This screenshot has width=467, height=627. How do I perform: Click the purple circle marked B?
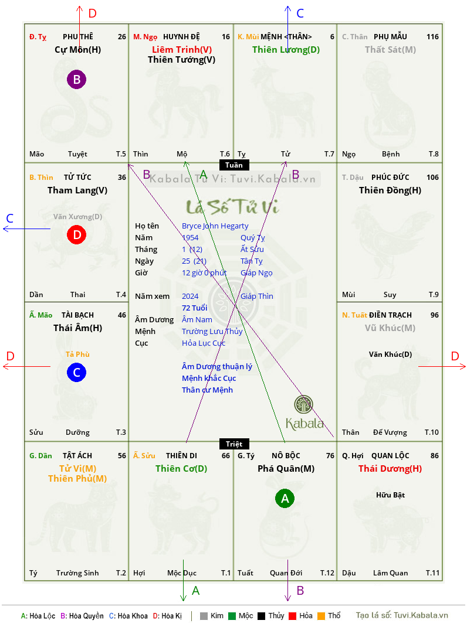pyautogui.click(x=76, y=79)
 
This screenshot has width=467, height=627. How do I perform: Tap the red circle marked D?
pyautogui.click(x=76, y=235)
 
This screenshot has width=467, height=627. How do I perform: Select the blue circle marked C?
pyautogui.click(x=76, y=372)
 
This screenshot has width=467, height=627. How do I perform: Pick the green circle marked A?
pyautogui.click(x=285, y=498)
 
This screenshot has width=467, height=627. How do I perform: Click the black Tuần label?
pyautogui.click(x=234, y=165)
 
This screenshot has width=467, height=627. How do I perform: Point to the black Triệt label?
pyautogui.click(x=234, y=444)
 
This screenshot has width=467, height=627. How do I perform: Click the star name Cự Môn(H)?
pyautogui.click(x=77, y=50)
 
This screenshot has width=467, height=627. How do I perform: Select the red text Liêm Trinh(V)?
pyautogui.click(x=182, y=50)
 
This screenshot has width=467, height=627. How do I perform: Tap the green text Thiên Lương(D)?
pyautogui.click(x=286, y=50)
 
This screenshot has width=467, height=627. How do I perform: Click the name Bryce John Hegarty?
pyautogui.click(x=215, y=226)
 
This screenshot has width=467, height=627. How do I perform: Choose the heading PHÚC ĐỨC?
pyautogui.click(x=390, y=177)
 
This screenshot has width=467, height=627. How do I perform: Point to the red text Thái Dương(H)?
pyautogui.click(x=390, y=469)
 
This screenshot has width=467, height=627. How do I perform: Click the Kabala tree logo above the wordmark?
pyautogui.click(x=303, y=404)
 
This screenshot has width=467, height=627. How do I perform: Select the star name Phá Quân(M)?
pyautogui.click(x=286, y=469)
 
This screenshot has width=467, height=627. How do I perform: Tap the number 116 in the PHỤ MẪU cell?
pyautogui.click(x=432, y=37)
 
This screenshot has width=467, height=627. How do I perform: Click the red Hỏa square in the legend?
pyautogui.click(x=292, y=616)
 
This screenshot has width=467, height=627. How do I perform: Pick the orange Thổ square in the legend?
pyautogui.click(x=322, y=616)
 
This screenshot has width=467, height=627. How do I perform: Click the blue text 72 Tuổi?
pyautogui.click(x=195, y=308)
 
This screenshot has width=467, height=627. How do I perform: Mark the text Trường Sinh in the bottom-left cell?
pyautogui.click(x=77, y=573)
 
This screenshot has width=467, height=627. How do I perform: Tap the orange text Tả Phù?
pyautogui.click(x=77, y=355)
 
